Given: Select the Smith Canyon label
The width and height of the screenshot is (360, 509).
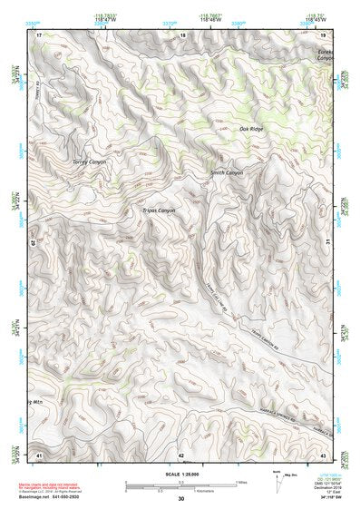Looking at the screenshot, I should (227, 172).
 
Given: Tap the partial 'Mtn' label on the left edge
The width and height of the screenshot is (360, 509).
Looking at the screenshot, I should (35, 400).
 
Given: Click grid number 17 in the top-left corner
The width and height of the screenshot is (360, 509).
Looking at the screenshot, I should (39, 34).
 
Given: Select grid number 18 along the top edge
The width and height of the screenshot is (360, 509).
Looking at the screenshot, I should (182, 34).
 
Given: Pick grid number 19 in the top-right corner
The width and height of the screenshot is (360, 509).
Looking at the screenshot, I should (324, 34).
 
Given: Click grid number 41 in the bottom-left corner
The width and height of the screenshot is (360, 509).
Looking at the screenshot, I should (38, 454).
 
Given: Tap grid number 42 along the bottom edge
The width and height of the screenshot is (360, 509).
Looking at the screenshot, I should (180, 454).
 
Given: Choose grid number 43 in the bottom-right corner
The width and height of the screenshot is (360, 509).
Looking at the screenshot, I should (324, 454).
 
